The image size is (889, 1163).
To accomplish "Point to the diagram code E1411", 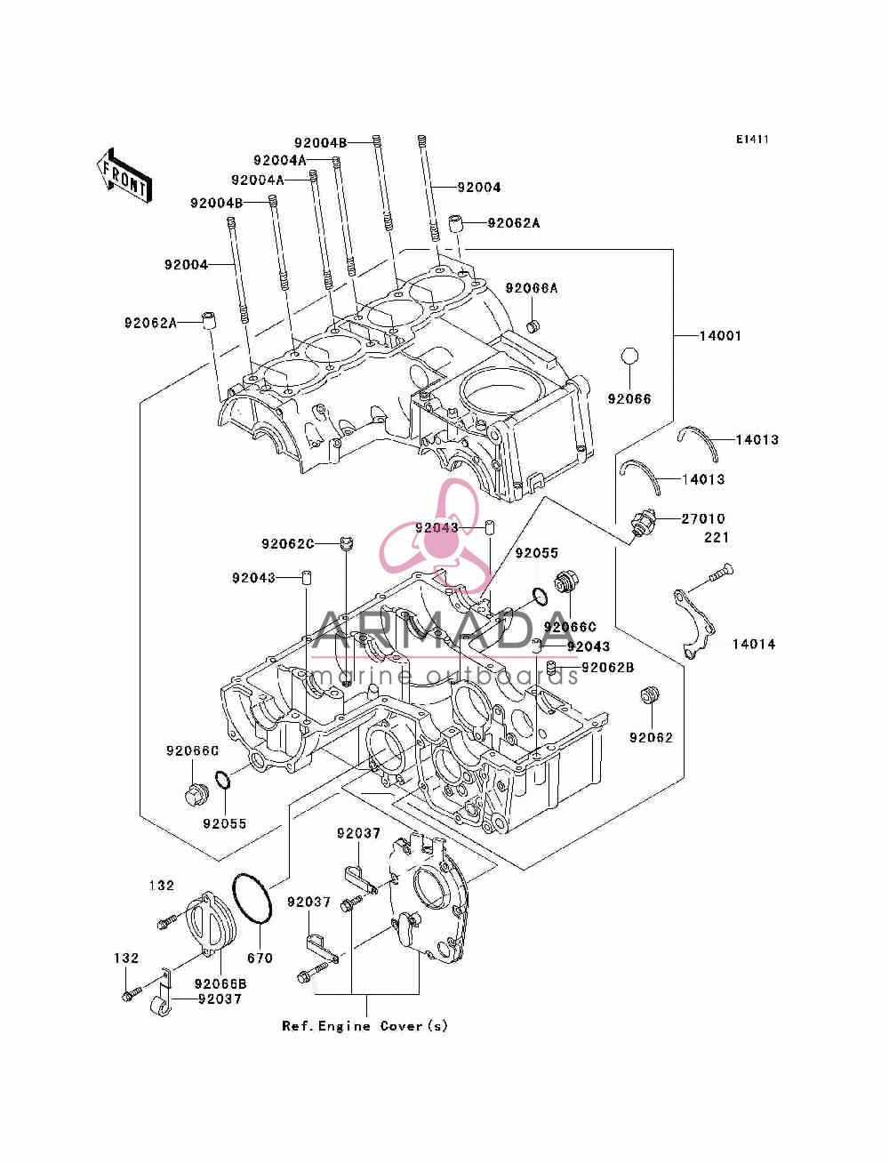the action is pos(752,140).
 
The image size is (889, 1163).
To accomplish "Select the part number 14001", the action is pos(720,336).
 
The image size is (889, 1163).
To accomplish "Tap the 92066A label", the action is pos(532,288).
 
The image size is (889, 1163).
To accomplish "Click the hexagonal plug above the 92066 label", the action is pos(629,356).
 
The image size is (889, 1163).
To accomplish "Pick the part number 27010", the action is pos(703,518).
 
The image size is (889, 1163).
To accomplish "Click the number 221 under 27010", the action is pos(717,537).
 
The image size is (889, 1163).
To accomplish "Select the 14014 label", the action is pos(753,645).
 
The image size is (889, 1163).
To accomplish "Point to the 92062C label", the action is pos(288,544).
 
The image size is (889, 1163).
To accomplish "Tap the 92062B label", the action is pos(608,668).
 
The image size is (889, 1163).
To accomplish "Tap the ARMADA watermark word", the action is pos(444,630).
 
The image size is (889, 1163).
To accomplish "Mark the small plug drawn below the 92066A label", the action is pos(533,325).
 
